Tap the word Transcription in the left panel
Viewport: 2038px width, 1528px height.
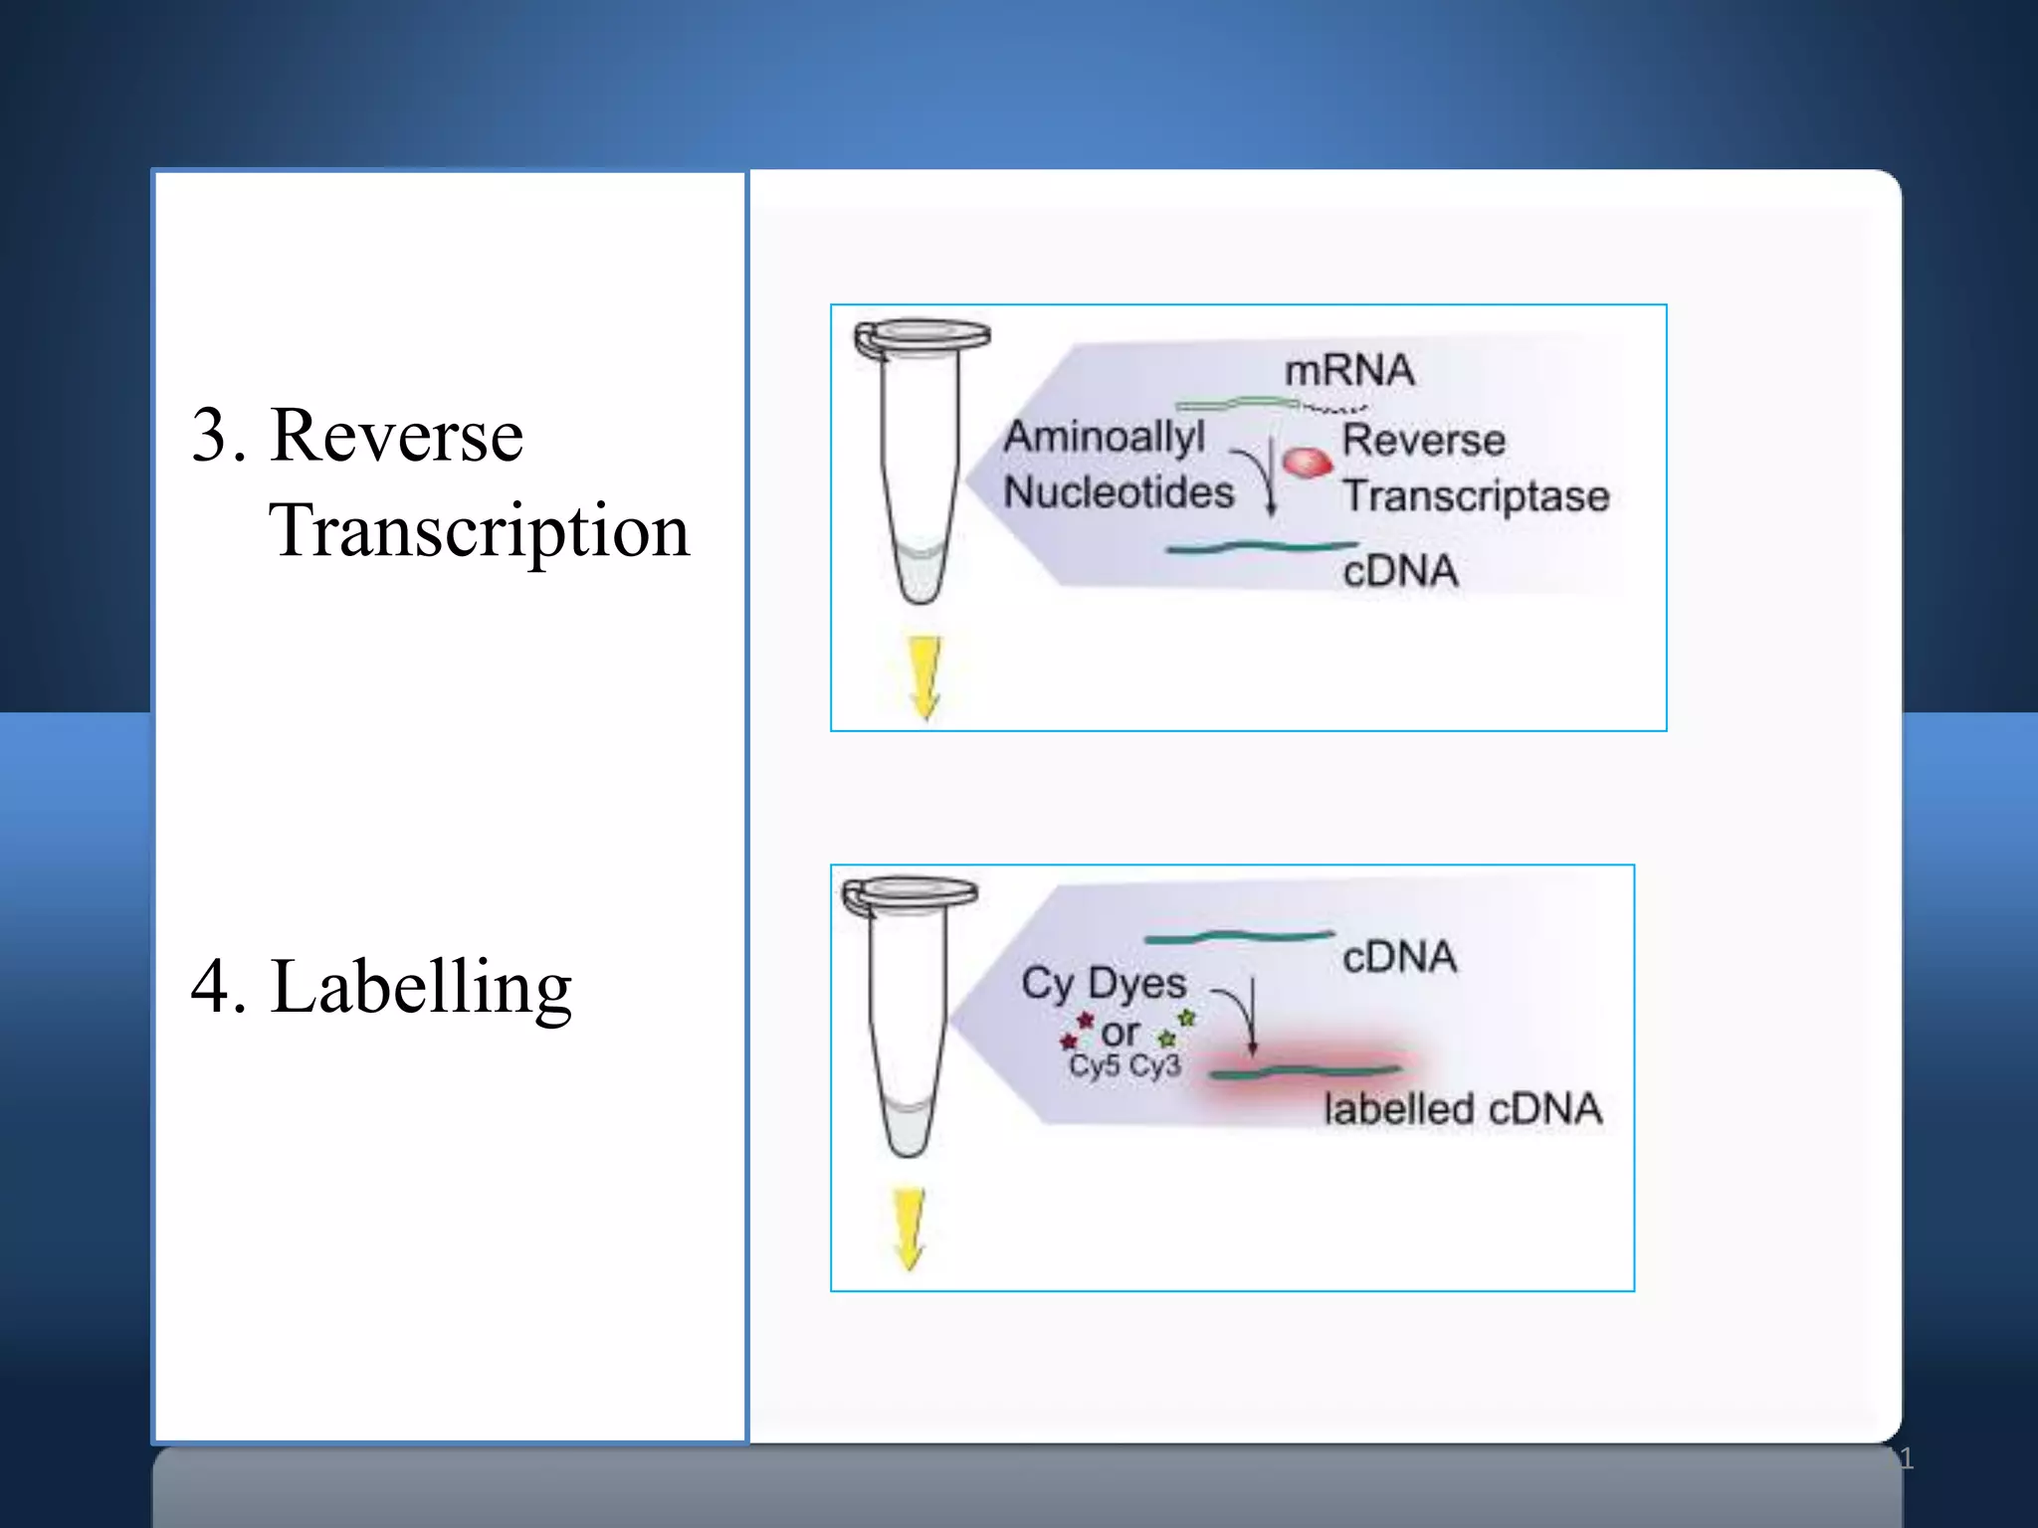(479, 530)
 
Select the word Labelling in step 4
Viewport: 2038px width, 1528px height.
(421, 987)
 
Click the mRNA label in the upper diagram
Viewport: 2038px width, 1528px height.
(1348, 371)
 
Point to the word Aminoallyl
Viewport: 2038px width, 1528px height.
(1104, 437)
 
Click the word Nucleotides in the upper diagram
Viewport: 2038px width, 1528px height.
(1118, 492)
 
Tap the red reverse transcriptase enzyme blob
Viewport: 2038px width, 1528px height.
(1307, 463)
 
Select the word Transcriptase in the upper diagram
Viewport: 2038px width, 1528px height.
(1475, 496)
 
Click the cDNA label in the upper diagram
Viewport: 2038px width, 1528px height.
(1400, 571)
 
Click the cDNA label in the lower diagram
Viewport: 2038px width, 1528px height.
(1399, 957)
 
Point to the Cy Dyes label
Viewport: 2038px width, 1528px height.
(1104, 984)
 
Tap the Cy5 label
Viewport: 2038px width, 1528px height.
(1094, 1066)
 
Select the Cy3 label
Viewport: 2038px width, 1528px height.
(1155, 1066)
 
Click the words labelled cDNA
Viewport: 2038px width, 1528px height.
(1462, 1109)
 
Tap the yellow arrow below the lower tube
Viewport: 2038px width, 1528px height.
(910, 1228)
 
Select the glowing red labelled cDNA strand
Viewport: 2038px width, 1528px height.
(1305, 1072)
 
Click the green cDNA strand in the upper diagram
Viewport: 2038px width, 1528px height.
(1262, 547)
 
